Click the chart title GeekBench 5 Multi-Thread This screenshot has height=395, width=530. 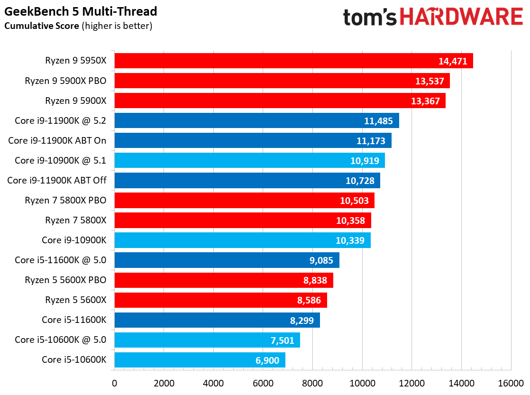click(81, 11)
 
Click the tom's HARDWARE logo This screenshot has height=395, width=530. click(433, 17)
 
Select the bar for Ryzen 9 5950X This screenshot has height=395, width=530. click(294, 61)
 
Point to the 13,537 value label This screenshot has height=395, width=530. click(429, 81)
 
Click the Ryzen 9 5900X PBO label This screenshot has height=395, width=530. click(65, 81)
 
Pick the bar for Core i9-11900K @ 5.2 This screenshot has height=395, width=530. click(257, 121)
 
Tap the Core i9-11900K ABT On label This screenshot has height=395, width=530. click(57, 141)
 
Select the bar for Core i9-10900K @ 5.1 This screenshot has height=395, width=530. click(250, 160)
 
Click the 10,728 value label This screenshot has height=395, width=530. click(360, 181)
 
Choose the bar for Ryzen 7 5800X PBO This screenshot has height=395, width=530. click(245, 200)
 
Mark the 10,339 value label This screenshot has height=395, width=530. click(350, 240)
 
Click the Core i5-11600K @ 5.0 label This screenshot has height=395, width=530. click(61, 260)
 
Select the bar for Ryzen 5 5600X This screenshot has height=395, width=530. click(221, 300)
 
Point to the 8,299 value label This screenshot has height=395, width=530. click(302, 320)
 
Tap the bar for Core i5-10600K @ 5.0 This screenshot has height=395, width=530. click(207, 340)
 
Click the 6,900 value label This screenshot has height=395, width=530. click(267, 360)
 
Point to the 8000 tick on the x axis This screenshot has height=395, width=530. click(313, 383)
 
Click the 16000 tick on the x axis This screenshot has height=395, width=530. click(511, 383)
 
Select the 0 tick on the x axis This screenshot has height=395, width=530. click(115, 383)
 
